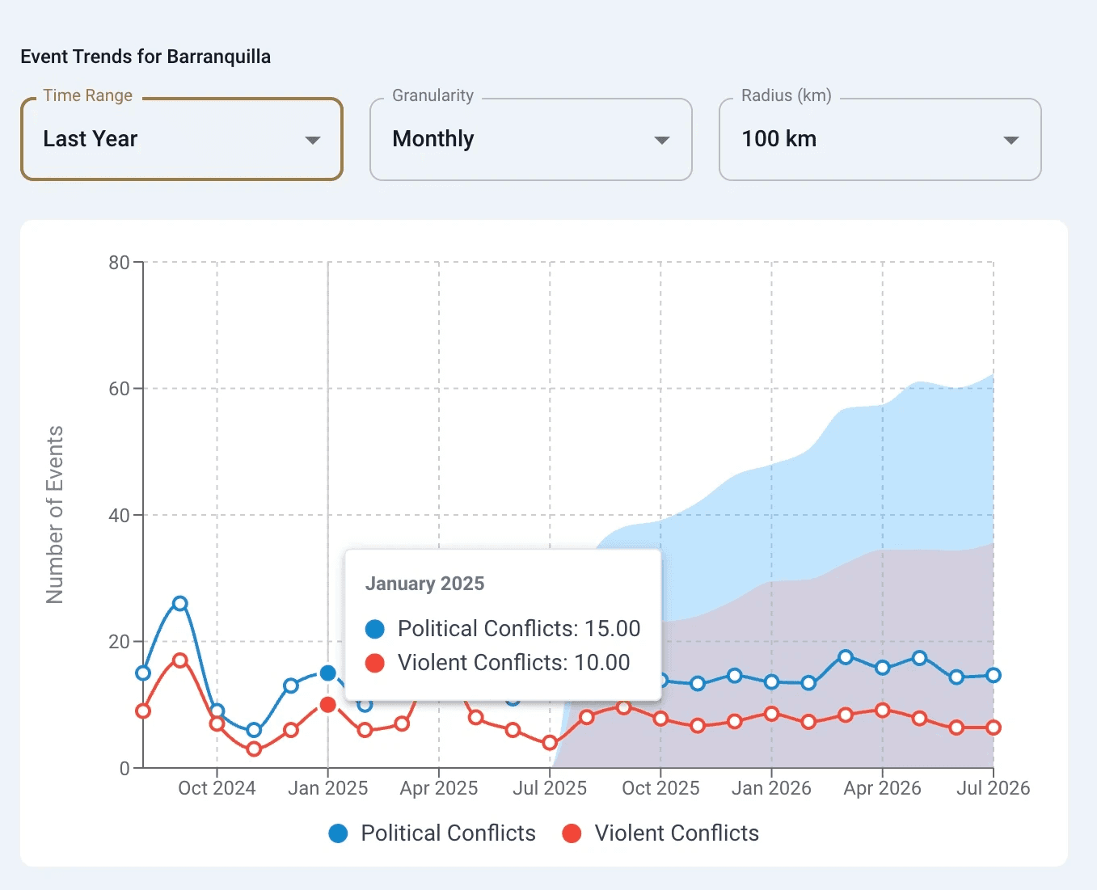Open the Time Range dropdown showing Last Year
coord(182,139)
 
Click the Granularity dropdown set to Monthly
coord(530,139)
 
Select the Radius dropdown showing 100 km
coord(880,139)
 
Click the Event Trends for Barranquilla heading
coord(146,57)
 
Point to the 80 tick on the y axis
coord(119,262)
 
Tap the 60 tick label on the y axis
coord(119,389)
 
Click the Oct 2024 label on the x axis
coord(217,788)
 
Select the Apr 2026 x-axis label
coord(882,788)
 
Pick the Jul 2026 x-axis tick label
coord(993,788)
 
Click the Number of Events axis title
coord(55,515)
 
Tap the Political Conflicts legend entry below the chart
coord(432,833)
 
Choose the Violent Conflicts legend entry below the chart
coord(661,833)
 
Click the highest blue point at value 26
coord(180,603)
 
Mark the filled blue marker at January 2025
coord(327,673)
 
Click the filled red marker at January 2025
coord(327,705)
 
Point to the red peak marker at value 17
coord(180,660)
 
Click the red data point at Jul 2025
coord(550,743)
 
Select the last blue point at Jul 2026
coord(994,675)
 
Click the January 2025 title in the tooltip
coord(424,584)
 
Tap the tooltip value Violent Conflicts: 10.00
coord(513,663)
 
